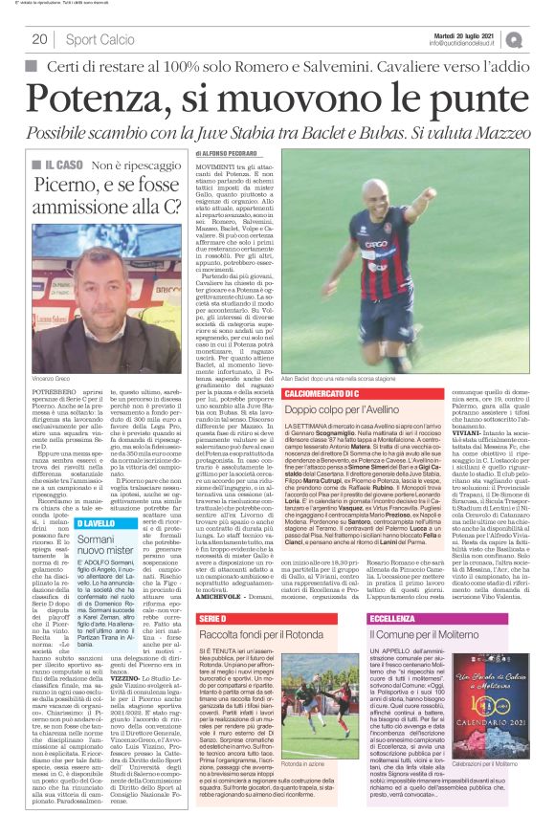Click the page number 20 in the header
39,39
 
